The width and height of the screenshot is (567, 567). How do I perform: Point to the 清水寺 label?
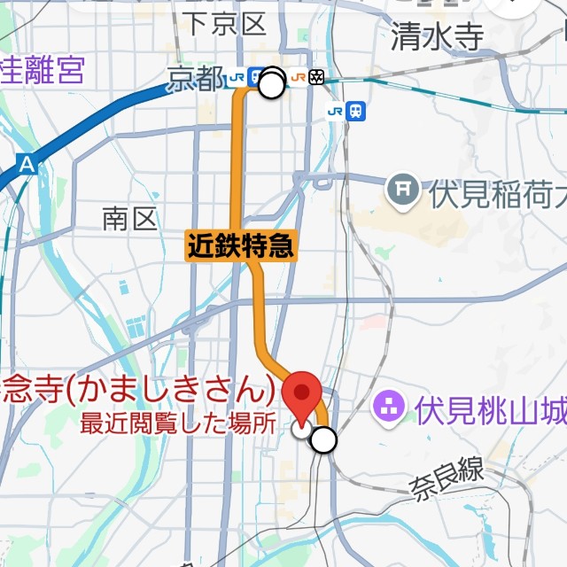(x=438, y=36)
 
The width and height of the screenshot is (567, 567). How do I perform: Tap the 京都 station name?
(x=195, y=80)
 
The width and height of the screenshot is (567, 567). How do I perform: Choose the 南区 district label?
(x=129, y=219)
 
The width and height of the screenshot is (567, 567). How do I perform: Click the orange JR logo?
(x=299, y=78)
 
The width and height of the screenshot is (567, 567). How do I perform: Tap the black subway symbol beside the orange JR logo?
(x=317, y=78)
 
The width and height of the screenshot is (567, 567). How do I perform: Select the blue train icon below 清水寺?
(x=356, y=111)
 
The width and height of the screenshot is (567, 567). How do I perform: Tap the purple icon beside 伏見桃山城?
(x=388, y=408)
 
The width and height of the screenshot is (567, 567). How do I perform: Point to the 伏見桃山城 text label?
(x=490, y=410)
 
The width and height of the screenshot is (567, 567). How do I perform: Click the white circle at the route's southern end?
(x=325, y=439)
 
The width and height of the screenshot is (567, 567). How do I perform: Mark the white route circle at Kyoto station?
(x=272, y=85)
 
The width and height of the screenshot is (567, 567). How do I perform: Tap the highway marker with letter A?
(x=27, y=164)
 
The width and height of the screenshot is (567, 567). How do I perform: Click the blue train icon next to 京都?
(x=256, y=78)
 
